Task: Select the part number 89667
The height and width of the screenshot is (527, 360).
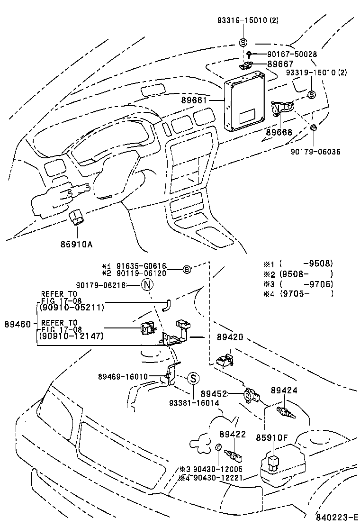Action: click(280, 64)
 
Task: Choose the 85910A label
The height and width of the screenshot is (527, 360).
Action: click(76, 245)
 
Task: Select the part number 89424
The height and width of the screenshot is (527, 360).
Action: click(284, 391)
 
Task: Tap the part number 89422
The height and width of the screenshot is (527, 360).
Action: click(232, 434)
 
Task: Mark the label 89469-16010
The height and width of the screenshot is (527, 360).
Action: click(123, 376)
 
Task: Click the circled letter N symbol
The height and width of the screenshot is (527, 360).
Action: click(147, 285)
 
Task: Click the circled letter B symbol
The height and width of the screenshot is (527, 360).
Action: click(187, 270)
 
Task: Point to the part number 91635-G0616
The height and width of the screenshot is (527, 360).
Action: click(143, 266)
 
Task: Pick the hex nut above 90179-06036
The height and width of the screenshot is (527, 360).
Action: click(314, 128)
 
